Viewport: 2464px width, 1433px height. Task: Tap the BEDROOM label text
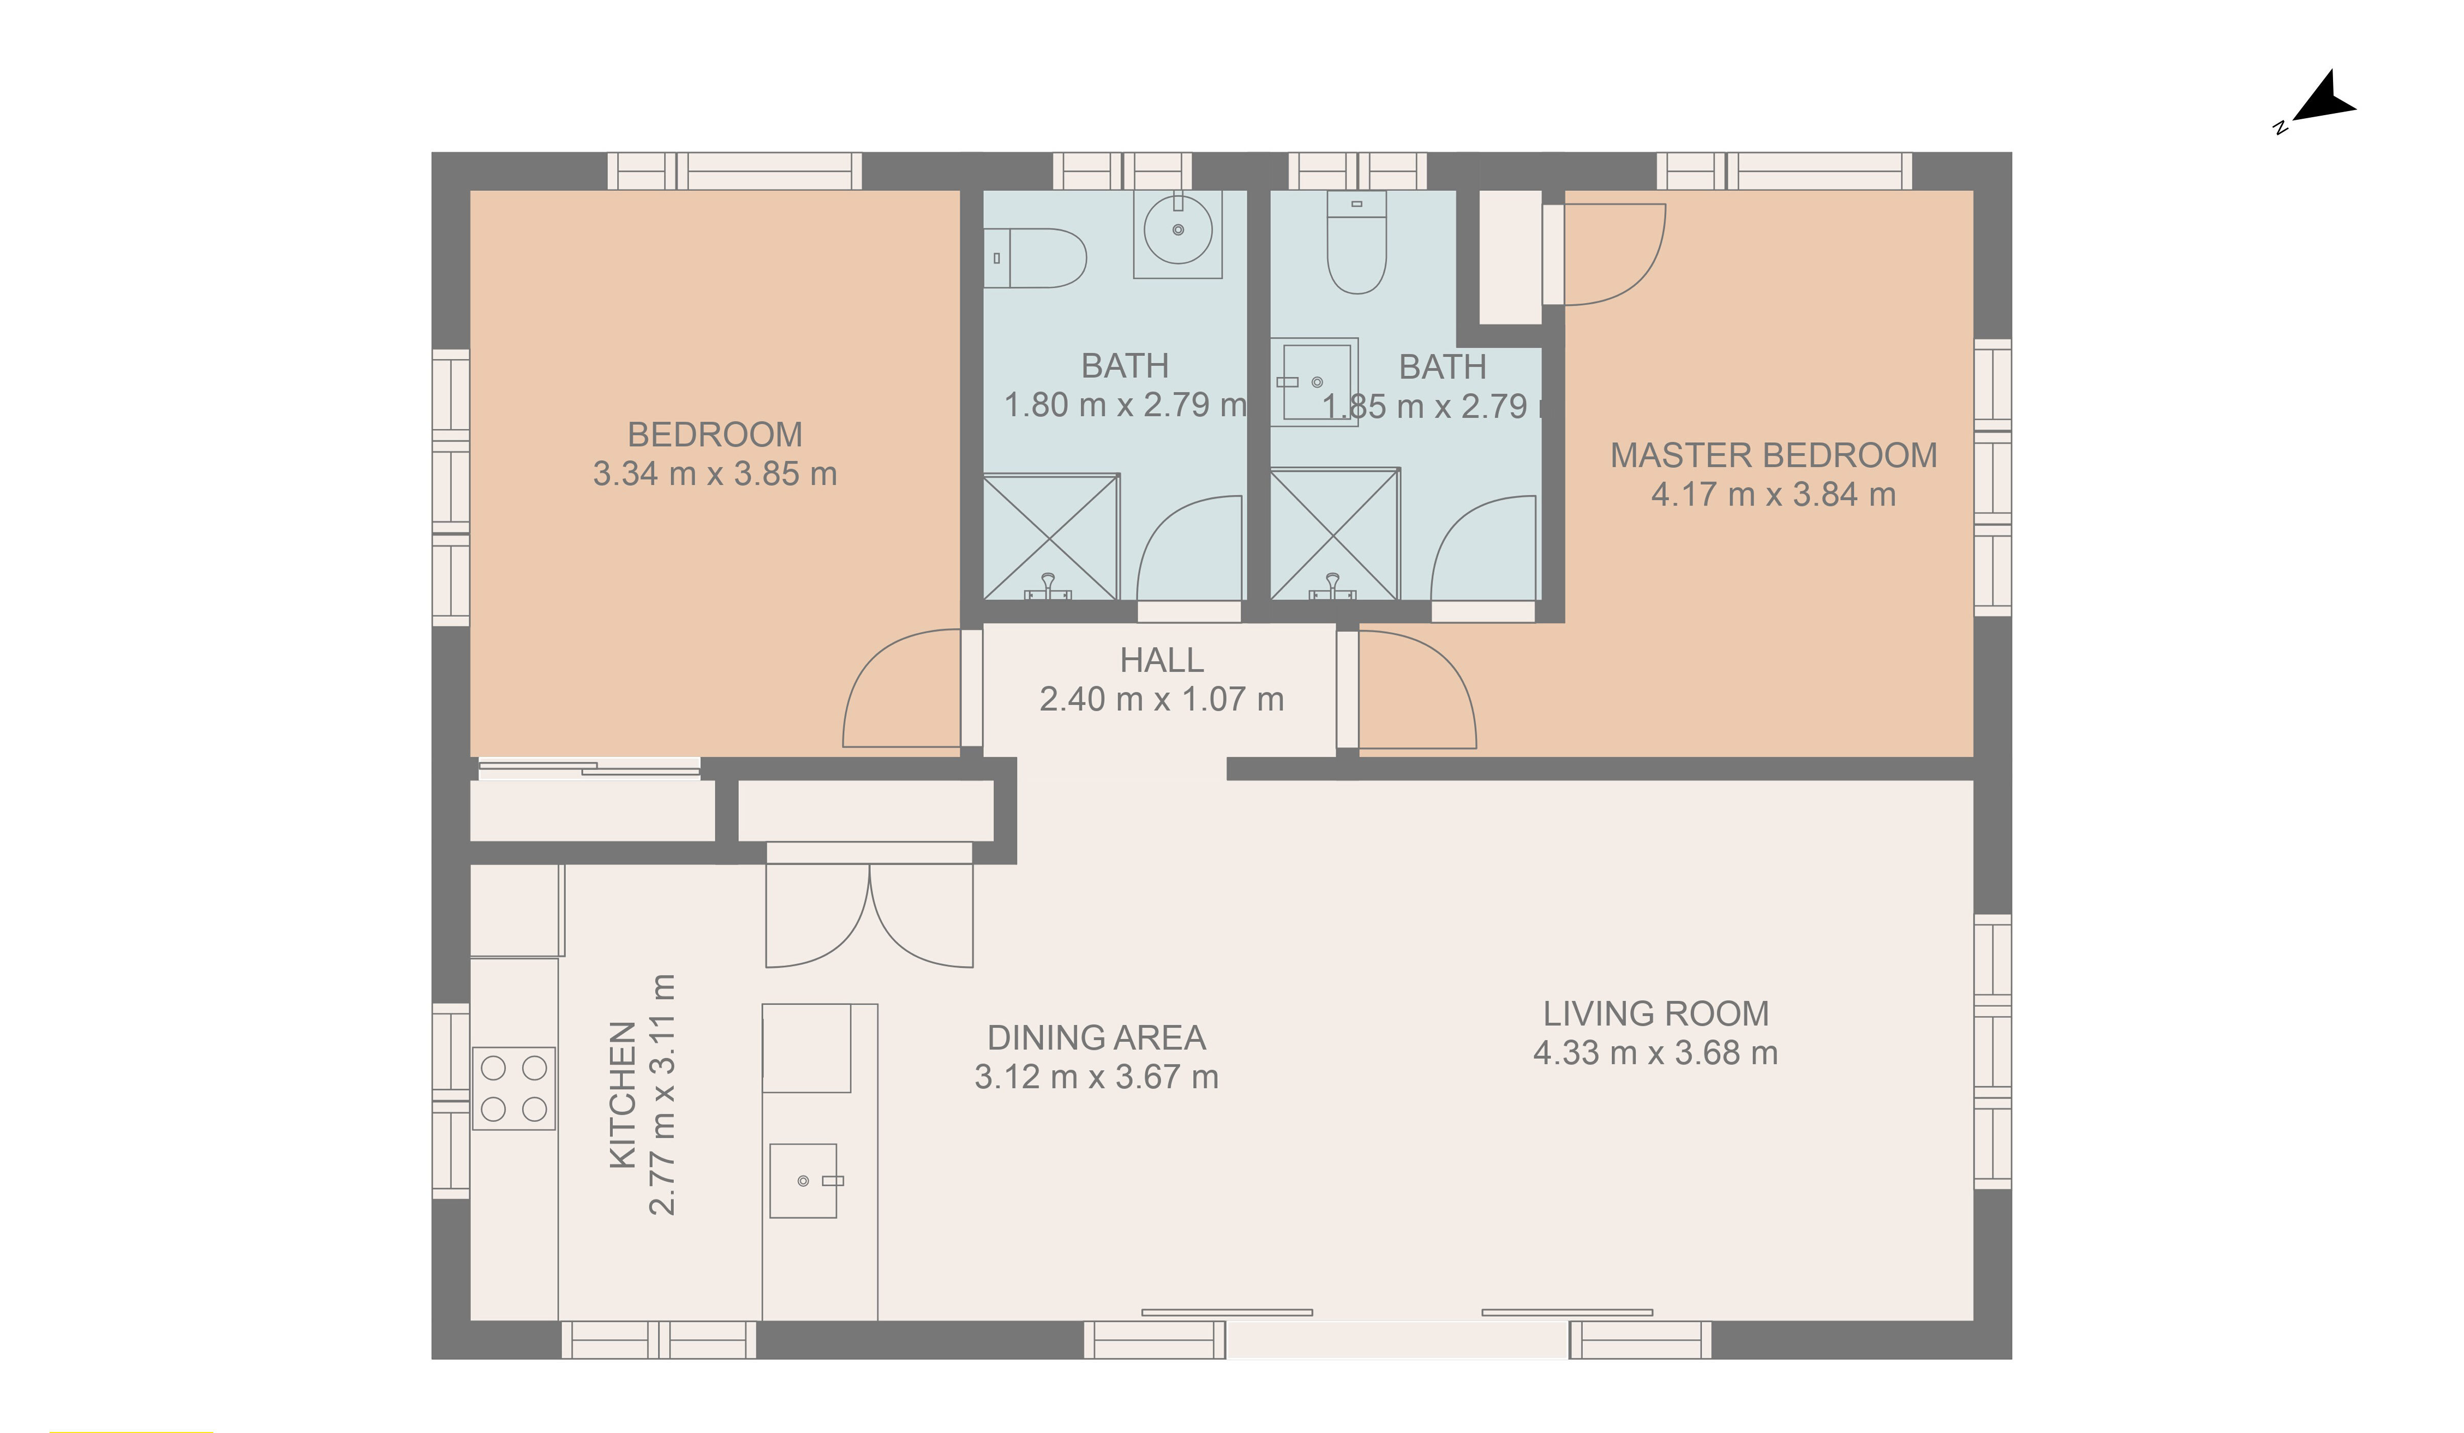pos(715,435)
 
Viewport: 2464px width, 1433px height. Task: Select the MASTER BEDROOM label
pos(1773,456)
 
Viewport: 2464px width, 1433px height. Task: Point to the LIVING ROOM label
pos(1656,1013)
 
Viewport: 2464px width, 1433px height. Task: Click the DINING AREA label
pos(1096,1037)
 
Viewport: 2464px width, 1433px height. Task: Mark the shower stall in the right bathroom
pos(1334,534)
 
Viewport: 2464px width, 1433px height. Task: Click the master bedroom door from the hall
pos(1418,689)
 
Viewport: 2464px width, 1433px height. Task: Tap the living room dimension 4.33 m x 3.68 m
pos(1656,1053)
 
